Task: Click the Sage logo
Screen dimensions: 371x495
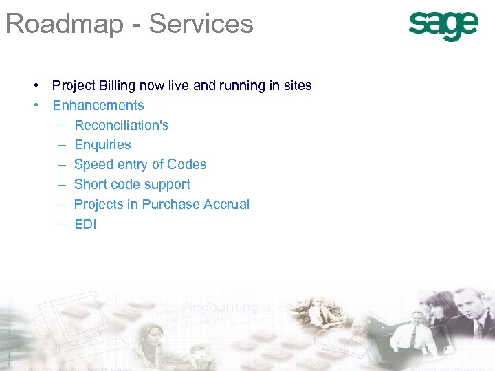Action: [443, 27]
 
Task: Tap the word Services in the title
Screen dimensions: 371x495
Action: [201, 24]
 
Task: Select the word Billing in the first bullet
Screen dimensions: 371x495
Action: [117, 86]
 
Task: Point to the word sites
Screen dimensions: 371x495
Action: [297, 86]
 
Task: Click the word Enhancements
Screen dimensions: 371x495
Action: [98, 106]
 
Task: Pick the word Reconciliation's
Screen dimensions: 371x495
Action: [122, 126]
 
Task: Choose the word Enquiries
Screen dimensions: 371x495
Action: [102, 145]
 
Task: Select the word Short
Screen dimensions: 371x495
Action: [89, 185]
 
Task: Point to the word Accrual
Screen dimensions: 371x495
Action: [229, 205]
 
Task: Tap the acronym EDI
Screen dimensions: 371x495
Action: [85, 225]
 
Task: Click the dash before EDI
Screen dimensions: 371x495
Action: [61, 225]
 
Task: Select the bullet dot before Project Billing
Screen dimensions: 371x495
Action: [34, 86]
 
